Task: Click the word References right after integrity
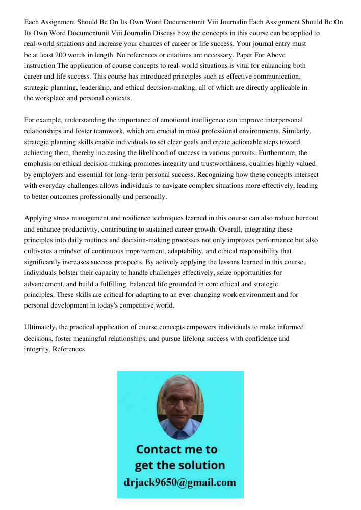tap(68, 349)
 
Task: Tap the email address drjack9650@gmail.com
tap(180, 482)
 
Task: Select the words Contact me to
tap(176, 449)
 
